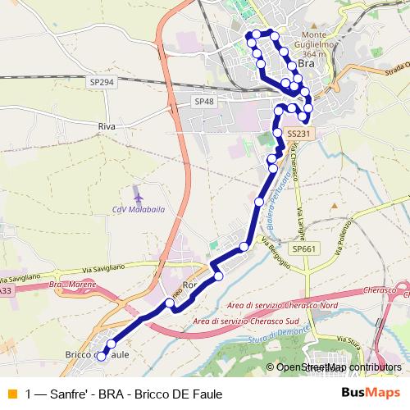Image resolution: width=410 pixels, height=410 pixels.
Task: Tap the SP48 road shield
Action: coord(204,102)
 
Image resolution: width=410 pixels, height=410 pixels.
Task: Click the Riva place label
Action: coord(107,127)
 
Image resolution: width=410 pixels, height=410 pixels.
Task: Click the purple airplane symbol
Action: coord(137,197)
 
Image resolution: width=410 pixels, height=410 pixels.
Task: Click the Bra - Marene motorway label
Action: coord(71,285)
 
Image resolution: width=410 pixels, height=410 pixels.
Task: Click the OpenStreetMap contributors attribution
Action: coord(339,368)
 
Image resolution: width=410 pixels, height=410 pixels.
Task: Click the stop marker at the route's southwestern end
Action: coord(102,356)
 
